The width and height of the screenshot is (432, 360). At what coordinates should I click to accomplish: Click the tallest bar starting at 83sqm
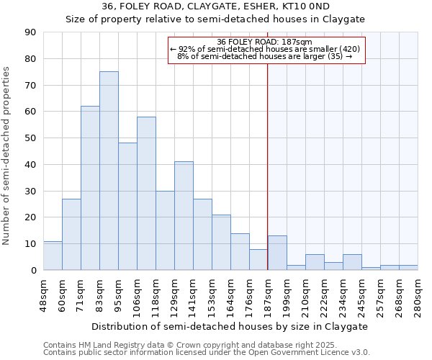click(109, 171)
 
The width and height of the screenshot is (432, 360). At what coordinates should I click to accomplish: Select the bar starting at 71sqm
click(90, 188)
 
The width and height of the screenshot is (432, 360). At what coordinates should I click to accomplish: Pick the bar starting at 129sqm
click(184, 216)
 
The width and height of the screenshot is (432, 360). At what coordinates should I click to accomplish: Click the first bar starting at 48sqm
click(53, 256)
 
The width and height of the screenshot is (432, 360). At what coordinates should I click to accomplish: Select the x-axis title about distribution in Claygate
click(230, 326)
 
